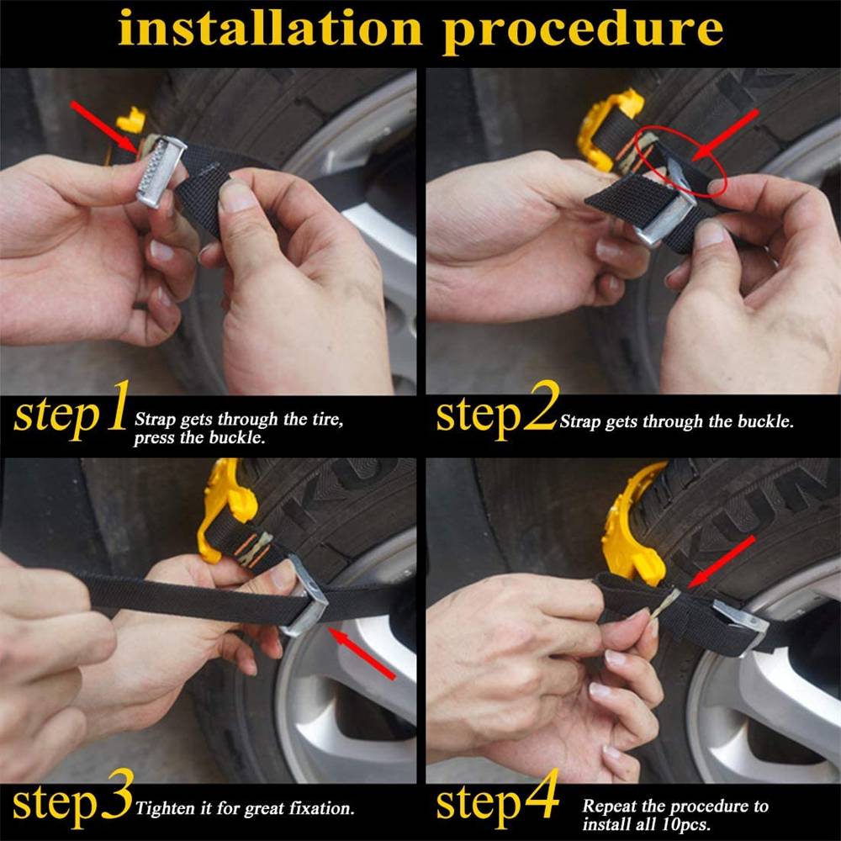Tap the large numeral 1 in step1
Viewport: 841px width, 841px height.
click(x=118, y=406)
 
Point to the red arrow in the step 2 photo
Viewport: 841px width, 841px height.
click(x=725, y=135)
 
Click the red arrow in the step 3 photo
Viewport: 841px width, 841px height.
click(x=362, y=653)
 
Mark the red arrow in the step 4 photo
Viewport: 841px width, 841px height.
click(x=722, y=562)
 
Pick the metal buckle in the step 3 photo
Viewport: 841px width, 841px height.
click(x=305, y=596)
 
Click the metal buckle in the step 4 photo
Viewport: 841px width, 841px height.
click(x=739, y=627)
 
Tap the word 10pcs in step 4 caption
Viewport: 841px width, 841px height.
click(x=685, y=823)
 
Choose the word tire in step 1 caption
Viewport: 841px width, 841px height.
click(x=326, y=419)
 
